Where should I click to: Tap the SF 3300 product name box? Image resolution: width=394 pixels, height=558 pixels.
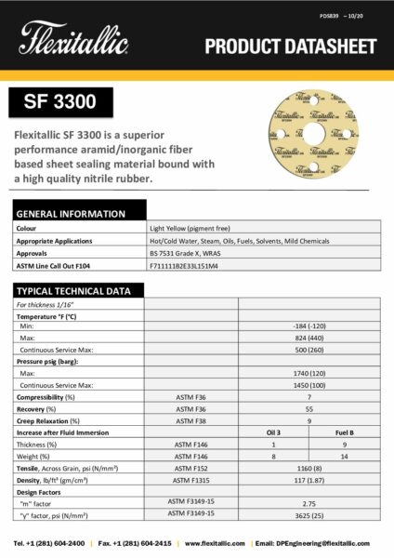point(63,100)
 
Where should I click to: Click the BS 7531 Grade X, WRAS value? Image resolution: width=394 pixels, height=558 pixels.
point(186,251)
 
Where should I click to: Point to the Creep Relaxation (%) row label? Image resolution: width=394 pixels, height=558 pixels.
point(51,420)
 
